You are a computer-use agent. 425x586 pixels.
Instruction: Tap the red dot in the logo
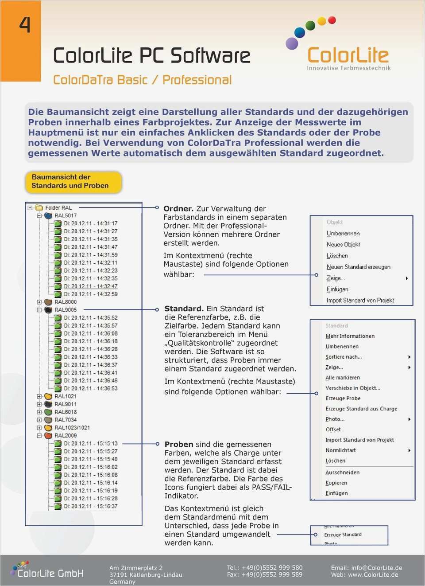tap(332, 20)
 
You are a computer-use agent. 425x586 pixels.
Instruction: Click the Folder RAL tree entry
tap(58, 207)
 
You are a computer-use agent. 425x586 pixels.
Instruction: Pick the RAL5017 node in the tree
tap(65, 215)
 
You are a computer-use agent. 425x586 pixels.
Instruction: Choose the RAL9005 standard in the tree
tap(65, 310)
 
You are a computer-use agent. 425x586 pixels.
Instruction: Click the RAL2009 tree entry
tap(65, 436)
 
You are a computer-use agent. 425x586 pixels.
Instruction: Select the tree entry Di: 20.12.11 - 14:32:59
tap(90, 294)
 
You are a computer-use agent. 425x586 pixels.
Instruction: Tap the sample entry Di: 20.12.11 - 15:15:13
tap(90, 444)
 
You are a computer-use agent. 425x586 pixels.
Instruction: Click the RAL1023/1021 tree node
tap(72, 428)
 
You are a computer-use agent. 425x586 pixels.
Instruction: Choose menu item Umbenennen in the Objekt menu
tap(343, 234)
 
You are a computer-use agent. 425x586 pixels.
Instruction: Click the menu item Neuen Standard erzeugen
tap(359, 267)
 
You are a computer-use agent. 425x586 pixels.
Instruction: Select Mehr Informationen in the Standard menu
tap(350, 336)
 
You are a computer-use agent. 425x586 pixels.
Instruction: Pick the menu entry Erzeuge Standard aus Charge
tap(361, 409)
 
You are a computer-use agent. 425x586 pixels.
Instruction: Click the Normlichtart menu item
tap(340, 450)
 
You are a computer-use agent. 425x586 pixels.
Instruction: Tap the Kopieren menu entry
tap(336, 483)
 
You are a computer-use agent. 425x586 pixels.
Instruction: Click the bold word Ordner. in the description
tap(178, 209)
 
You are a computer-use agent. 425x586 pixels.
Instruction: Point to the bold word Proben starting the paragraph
tap(179, 445)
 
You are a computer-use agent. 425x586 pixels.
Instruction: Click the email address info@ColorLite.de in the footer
tap(376, 568)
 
